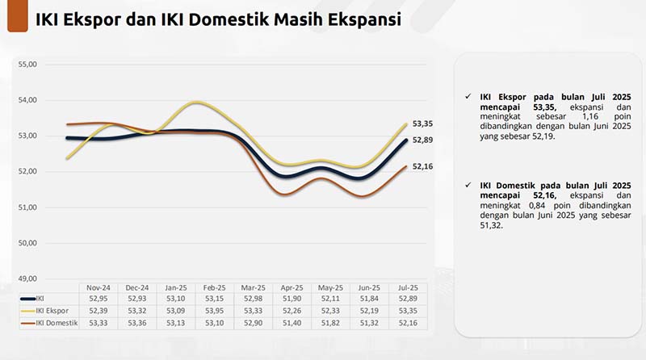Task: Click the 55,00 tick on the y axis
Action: (27, 64)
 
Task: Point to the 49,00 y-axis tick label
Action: (27, 278)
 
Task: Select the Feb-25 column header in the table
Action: (214, 287)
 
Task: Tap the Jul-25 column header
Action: (408, 287)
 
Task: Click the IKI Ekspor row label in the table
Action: (45, 311)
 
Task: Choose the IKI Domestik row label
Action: (49, 323)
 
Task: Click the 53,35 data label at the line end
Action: (423, 123)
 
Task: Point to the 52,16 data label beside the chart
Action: (423, 166)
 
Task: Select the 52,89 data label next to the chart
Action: (423, 140)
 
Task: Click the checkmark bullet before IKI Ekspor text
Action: (468, 97)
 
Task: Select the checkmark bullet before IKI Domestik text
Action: (468, 186)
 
